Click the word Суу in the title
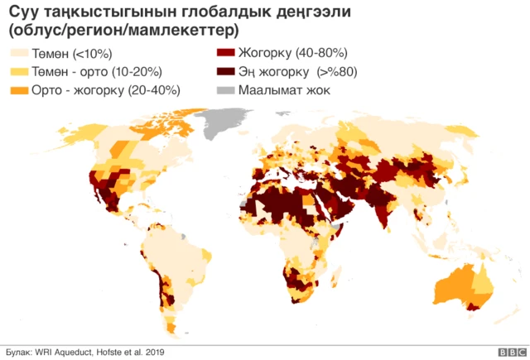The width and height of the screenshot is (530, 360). tap(24, 13)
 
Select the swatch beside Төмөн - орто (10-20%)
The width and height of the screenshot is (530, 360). tap(17, 72)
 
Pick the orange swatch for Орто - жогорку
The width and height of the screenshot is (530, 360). tap(17, 89)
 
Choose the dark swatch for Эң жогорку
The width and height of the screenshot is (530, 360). tap(224, 72)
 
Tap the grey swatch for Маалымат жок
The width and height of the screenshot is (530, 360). tap(224, 89)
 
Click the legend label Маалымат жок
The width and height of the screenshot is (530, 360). tap(284, 89)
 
